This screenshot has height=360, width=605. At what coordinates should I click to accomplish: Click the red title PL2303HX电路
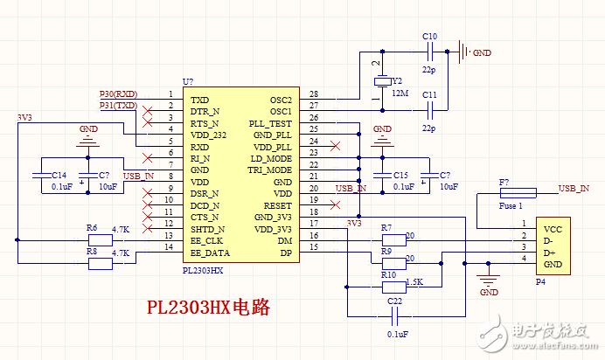pyautogui.click(x=207, y=308)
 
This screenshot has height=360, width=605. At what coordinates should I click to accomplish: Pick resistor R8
pyautogui.click(x=101, y=261)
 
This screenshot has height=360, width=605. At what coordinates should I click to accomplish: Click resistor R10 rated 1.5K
pyautogui.click(x=395, y=286)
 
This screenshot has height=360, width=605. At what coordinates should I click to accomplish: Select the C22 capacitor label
pyautogui.click(x=395, y=301)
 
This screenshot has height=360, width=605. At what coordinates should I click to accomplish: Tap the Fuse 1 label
pyautogui.click(x=510, y=206)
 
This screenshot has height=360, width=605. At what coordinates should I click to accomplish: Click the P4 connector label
pyautogui.click(x=541, y=281)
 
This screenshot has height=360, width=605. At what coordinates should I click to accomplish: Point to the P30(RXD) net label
pyautogui.click(x=118, y=93)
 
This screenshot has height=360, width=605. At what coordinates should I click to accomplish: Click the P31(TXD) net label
pyautogui.click(x=118, y=106)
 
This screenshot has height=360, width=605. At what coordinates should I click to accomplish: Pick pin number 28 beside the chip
pyautogui.click(x=313, y=94)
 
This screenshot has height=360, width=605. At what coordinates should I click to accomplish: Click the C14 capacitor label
pyautogui.click(x=59, y=175)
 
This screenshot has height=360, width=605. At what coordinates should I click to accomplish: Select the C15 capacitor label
pyautogui.click(x=400, y=175)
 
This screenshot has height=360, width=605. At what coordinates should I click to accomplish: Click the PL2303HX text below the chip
pyautogui.click(x=203, y=271)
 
